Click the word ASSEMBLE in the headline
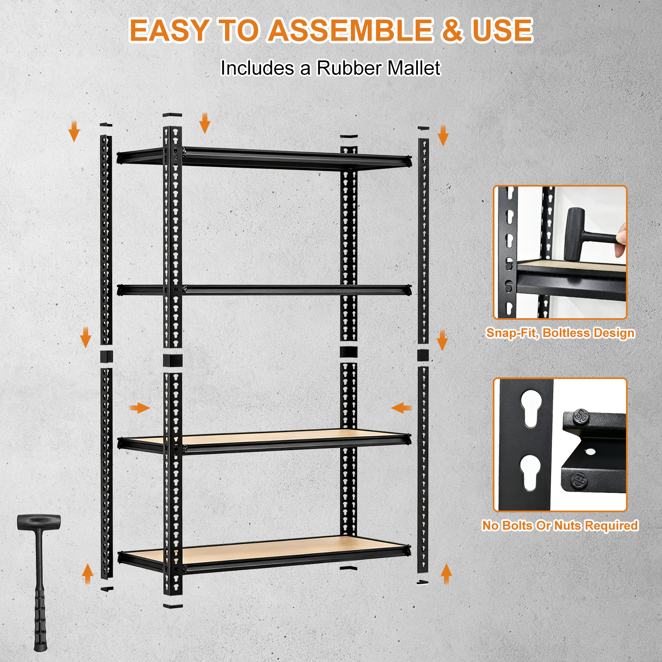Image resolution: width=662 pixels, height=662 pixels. [x=351, y=30]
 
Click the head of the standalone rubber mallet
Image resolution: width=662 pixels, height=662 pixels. [x=39, y=522]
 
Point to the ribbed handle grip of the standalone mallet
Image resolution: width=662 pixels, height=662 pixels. [x=40, y=616]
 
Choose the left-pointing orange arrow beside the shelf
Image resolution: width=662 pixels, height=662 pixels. [x=401, y=408]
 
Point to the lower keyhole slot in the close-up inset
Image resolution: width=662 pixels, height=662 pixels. [x=530, y=473]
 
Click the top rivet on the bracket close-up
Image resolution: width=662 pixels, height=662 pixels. [x=581, y=417]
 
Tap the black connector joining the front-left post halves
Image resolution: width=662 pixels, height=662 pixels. [x=173, y=360]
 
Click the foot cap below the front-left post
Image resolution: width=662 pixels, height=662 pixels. [x=173, y=606]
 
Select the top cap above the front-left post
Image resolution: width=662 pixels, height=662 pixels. [x=172, y=115]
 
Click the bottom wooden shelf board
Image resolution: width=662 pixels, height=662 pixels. [x=265, y=550]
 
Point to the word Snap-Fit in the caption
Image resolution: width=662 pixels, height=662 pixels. [x=512, y=333]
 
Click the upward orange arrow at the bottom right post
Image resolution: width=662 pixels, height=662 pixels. [x=446, y=574]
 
